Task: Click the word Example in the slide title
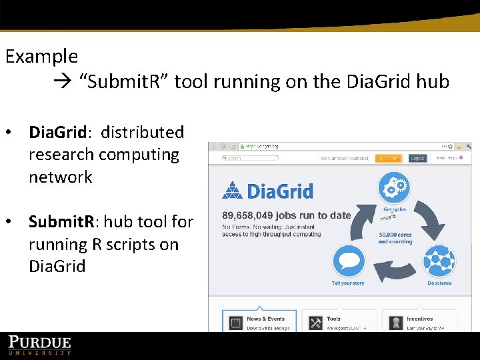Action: pyautogui.click(x=41, y=57)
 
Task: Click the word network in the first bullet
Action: pyautogui.click(x=60, y=177)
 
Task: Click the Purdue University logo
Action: pyautogui.click(x=39, y=345)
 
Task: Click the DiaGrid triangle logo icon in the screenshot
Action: pyautogui.click(x=232, y=191)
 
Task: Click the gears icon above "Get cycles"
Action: pyautogui.click(x=394, y=188)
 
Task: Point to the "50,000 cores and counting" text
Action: pyautogui.click(x=395, y=238)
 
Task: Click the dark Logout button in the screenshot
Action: pyautogui.click(x=417, y=159)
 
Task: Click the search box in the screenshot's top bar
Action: pyautogui.click(x=253, y=159)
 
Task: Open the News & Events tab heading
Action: pyautogui.click(x=265, y=319)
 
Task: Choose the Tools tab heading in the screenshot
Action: pyautogui.click(x=334, y=319)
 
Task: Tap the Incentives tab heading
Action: pyautogui.click(x=419, y=319)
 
